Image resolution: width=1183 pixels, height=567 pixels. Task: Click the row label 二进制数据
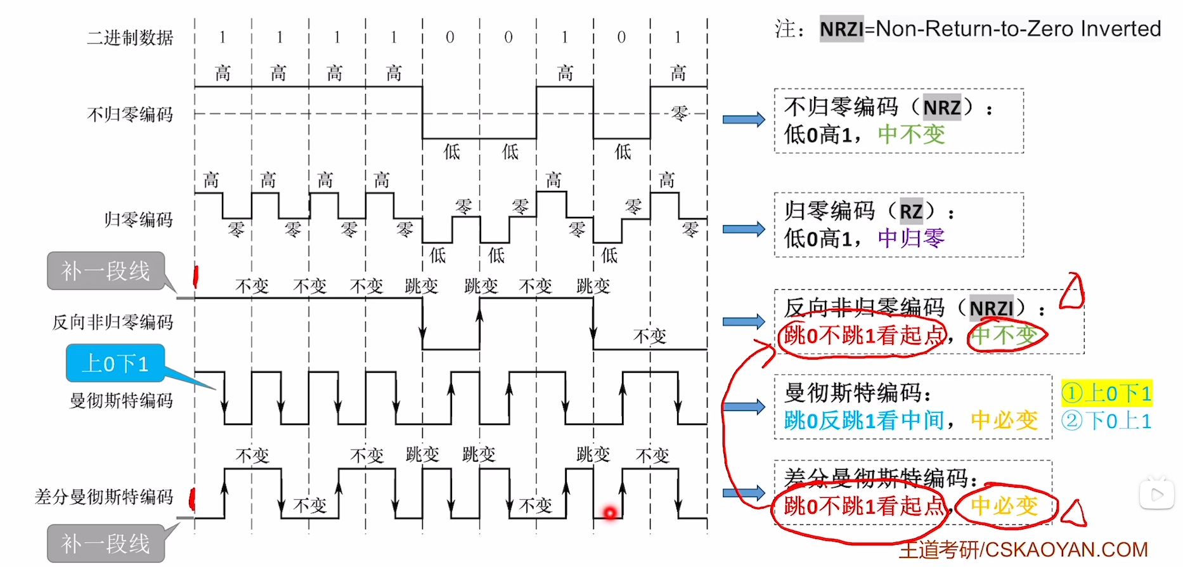pos(130,38)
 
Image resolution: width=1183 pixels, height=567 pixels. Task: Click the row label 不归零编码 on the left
pos(130,115)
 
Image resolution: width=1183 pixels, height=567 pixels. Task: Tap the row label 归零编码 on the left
pos(139,220)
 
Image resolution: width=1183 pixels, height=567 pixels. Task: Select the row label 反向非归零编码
pos(113,322)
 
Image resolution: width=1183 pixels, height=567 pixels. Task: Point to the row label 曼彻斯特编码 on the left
pos(121,401)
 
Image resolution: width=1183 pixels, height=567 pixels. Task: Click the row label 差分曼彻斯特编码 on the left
pos(104,497)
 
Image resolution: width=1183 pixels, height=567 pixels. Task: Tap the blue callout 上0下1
pos(115,363)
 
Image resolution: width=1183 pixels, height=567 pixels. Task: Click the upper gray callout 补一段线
pos(105,271)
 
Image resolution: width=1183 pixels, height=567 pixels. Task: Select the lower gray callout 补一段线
pos(105,544)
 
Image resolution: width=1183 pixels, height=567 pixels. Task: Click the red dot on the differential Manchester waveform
pos(610,512)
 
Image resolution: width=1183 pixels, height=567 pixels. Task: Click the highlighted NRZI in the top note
pos(841,29)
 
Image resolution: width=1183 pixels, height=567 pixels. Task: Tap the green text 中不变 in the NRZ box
pos(911,134)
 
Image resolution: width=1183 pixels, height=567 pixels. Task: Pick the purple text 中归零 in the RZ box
pos(911,238)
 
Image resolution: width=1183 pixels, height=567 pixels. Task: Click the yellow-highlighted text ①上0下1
pos(1106,393)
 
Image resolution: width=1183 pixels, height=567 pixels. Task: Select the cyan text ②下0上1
pos(1106,421)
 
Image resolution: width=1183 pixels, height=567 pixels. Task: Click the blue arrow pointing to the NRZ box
pos(744,119)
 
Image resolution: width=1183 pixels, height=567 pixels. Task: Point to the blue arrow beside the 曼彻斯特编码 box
pos(744,407)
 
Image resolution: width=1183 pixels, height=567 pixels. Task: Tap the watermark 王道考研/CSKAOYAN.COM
pos(1023,549)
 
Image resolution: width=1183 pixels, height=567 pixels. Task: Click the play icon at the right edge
pos(1157,494)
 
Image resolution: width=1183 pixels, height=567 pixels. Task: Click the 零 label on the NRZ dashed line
pos(680,114)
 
